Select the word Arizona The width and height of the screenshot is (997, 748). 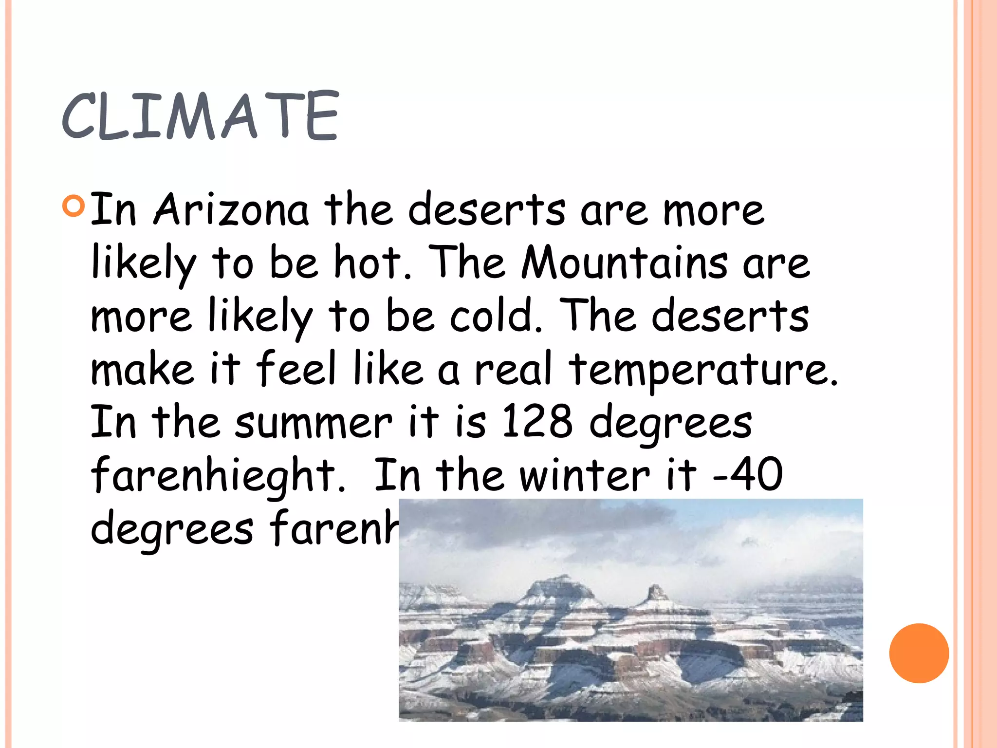231,210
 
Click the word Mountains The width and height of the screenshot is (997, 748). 624,262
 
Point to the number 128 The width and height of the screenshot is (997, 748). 537,421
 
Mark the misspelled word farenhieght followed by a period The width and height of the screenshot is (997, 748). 218,475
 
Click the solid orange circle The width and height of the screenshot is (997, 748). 919,653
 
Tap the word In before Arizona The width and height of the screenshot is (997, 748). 113,210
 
